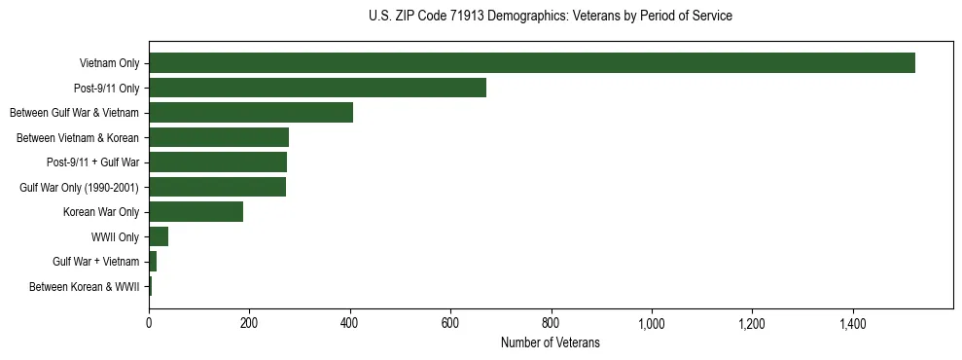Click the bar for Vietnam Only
[x=531, y=63]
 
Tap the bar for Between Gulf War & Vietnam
[x=251, y=113]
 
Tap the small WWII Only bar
[x=159, y=236]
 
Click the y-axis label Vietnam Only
[x=109, y=64]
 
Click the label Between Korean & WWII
[x=84, y=287]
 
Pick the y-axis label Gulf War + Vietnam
[x=95, y=262]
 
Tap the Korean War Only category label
[x=101, y=212]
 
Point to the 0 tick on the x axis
[x=149, y=323]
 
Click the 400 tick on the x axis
[x=350, y=323]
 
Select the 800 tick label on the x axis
[x=552, y=323]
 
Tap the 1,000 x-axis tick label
[x=652, y=323]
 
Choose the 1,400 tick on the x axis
[x=853, y=323]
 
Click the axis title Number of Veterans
[x=550, y=343]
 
